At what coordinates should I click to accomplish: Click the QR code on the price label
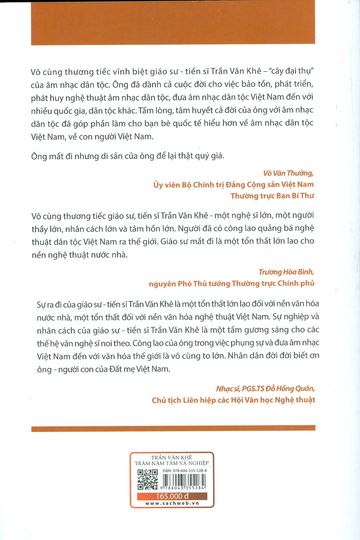147,480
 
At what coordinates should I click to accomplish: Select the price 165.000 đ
172,496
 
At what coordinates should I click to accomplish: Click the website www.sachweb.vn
172,503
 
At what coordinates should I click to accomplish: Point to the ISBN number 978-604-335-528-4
185,471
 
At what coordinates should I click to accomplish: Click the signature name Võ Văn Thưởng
288,173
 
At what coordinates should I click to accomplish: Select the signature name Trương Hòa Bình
286,272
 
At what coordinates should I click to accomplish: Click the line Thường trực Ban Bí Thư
272,196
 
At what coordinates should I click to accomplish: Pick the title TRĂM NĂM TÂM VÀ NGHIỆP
172,463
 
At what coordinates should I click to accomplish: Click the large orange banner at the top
173,23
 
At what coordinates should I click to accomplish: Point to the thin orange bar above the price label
173,428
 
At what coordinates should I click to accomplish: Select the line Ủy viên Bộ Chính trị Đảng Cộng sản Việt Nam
233,185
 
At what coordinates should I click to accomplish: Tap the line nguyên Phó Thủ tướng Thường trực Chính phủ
231,284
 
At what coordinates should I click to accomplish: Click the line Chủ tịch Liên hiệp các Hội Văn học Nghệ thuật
233,400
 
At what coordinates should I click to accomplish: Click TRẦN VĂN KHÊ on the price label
172,457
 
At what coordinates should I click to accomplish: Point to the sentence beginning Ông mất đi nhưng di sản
128,156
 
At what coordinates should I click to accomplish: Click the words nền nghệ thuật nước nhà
79,255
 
